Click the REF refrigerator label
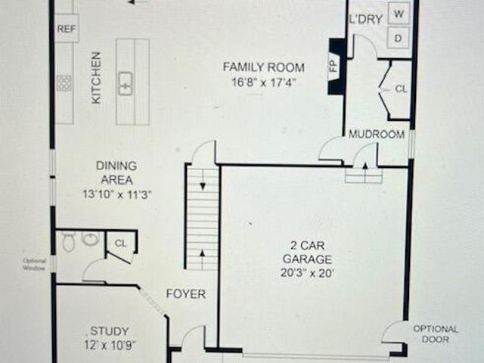[67, 29]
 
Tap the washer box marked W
[399, 14]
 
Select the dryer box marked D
[399, 39]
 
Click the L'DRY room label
[365, 19]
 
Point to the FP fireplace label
[334, 66]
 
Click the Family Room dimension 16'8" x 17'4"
[264, 82]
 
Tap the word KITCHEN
[96, 77]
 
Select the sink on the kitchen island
[126, 83]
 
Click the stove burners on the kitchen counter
[64, 83]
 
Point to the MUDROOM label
[377, 135]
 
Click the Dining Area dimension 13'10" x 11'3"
[117, 195]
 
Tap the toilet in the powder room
[69, 241]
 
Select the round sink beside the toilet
[91, 238]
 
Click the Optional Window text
[35, 265]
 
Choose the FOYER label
[186, 293]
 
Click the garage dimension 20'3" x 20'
[308, 273]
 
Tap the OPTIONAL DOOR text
[436, 334]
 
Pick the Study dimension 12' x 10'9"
[110, 345]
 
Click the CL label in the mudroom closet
[402, 89]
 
